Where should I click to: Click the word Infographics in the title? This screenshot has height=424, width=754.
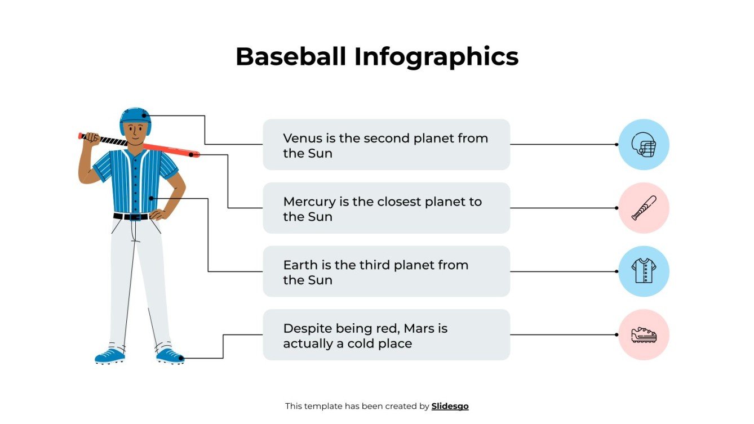click(436, 57)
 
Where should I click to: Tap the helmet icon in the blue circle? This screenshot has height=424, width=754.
click(644, 145)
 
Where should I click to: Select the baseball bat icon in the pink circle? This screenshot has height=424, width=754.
click(644, 208)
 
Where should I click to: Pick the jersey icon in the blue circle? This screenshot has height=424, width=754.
click(644, 271)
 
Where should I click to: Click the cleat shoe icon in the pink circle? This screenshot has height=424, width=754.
click(644, 335)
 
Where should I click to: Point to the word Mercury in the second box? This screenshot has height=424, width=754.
click(308, 202)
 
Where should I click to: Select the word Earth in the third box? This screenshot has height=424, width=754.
click(300, 265)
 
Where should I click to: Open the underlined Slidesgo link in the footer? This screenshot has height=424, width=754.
click(450, 406)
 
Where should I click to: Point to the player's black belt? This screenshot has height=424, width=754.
click(131, 216)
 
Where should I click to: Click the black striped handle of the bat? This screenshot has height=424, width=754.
click(107, 139)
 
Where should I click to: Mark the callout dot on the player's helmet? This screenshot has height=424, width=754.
click(144, 116)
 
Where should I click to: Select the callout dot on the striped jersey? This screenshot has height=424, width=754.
click(150, 198)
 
